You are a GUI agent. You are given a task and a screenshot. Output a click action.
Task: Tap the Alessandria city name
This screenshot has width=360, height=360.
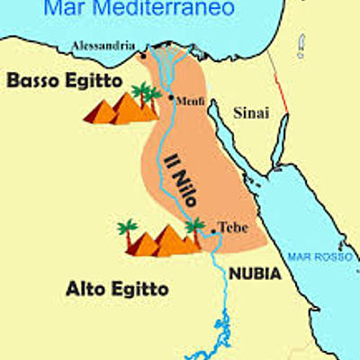click(x=104, y=46)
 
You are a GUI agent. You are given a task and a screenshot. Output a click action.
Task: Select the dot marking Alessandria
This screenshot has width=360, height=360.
click(x=143, y=56)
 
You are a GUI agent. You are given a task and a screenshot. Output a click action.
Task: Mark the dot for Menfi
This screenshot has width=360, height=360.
click(x=171, y=96)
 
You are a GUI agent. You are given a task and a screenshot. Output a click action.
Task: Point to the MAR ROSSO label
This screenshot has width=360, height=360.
click(x=310, y=258)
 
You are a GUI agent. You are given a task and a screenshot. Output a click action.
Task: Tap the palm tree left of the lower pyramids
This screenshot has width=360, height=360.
click(x=127, y=230)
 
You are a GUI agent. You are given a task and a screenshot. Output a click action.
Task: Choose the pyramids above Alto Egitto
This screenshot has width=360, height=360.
click(x=162, y=241)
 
